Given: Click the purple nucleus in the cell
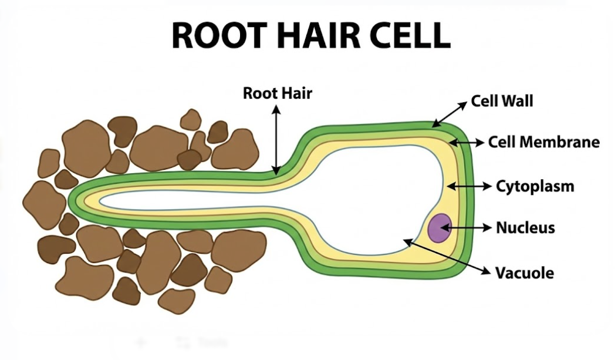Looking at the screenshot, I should click(439, 228).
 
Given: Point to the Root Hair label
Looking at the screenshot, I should click(278, 93).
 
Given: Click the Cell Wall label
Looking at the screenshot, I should click(502, 101).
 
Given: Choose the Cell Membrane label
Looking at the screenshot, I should click(543, 142).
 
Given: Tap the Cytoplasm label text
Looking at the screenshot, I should click(535, 186).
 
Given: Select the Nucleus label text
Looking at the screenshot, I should click(525, 227).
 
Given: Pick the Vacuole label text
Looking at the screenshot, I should click(525, 272).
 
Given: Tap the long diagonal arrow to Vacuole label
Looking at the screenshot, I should click(446, 255).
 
